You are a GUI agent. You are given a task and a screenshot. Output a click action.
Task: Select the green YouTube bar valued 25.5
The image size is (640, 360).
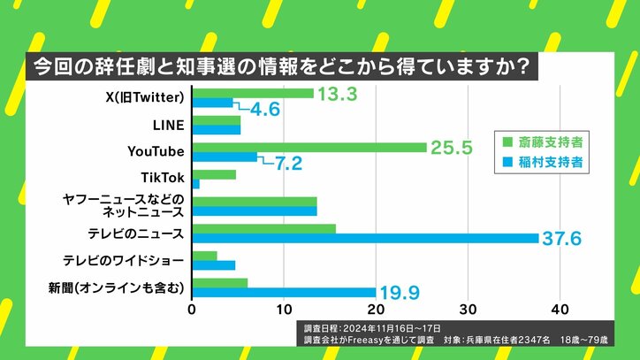[309, 147]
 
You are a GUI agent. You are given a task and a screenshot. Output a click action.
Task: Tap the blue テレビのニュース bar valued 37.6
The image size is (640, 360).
[365, 238]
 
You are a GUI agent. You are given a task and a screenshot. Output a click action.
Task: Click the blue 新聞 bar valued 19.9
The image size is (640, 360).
[284, 292]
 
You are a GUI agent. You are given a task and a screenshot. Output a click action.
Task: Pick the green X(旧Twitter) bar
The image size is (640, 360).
[253, 93]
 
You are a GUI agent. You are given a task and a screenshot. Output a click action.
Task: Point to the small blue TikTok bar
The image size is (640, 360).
[195, 184]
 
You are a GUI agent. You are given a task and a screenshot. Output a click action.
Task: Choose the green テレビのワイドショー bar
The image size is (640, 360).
[204, 256]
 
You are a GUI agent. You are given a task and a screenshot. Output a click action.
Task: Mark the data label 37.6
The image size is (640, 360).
[567, 239]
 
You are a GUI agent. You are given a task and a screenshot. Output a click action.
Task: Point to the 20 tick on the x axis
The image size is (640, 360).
[376, 310]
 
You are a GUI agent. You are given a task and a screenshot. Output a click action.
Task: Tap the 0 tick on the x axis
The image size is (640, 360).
[192, 310]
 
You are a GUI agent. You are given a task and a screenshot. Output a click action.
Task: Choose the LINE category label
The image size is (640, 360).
[168, 125]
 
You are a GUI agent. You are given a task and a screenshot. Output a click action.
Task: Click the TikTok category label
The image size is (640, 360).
[164, 179]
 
